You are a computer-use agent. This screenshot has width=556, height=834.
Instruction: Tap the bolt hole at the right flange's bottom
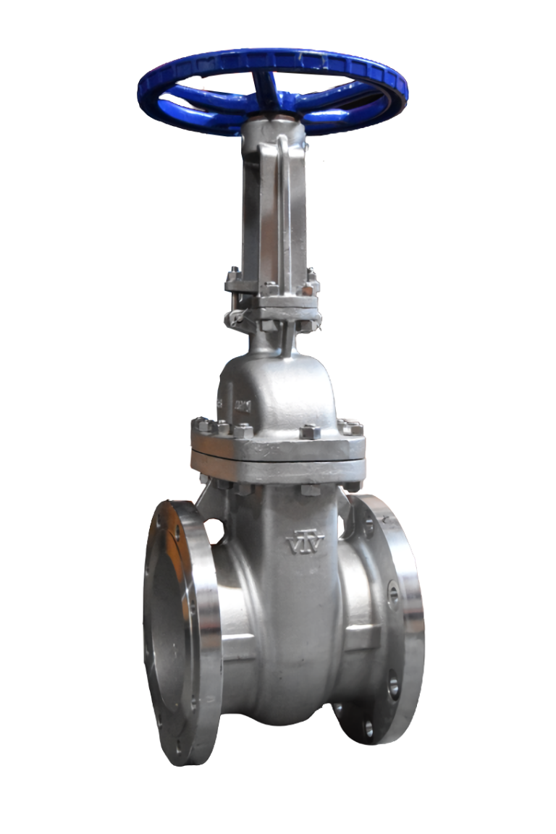369,728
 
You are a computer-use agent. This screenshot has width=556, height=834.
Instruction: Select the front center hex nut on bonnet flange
310,432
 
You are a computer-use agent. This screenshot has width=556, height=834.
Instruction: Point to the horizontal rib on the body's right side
364,637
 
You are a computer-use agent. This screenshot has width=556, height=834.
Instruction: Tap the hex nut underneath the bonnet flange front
310,489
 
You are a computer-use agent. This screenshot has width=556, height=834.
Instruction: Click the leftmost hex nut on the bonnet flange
201,426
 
